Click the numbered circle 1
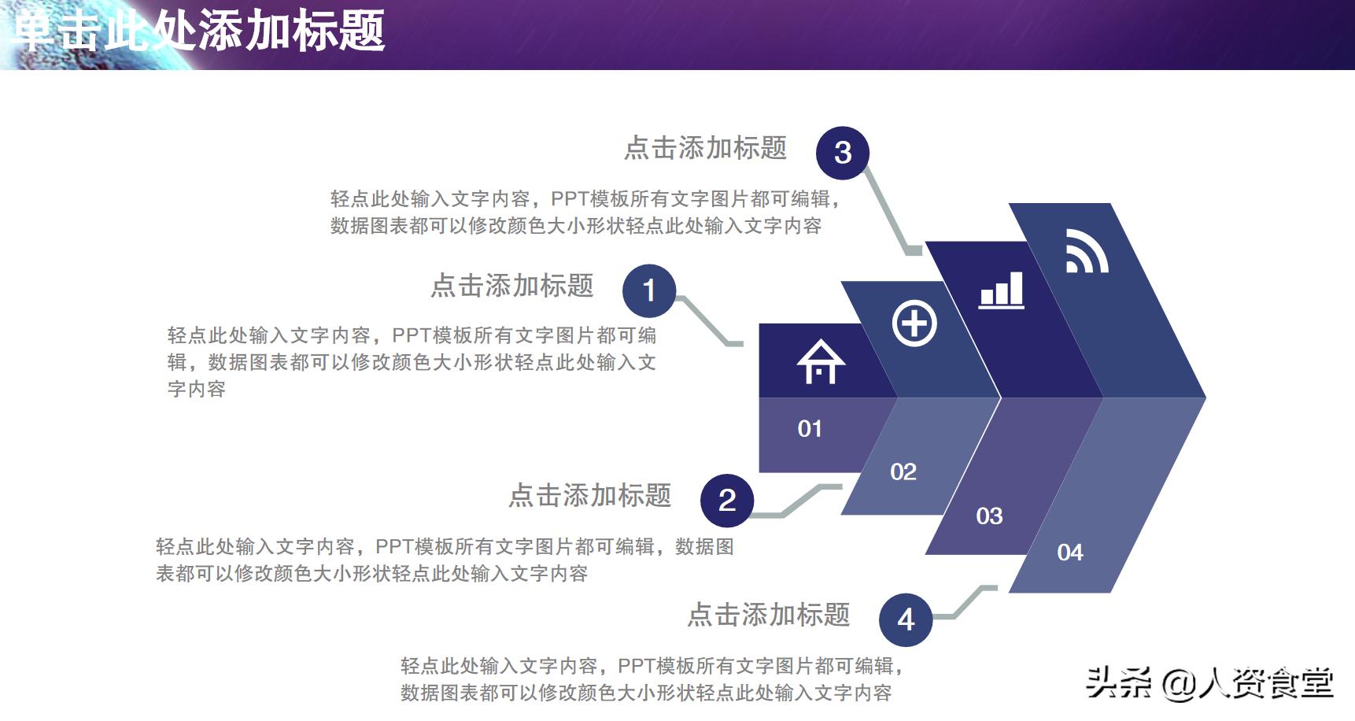pyautogui.click(x=649, y=290)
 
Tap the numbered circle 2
pyautogui.click(x=727, y=500)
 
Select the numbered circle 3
pyautogui.click(x=843, y=153)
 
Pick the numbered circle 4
pyautogui.click(x=906, y=619)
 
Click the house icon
pyautogui.click(x=821, y=362)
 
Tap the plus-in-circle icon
pyautogui.click(x=914, y=324)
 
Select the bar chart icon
pyautogui.click(x=1002, y=290)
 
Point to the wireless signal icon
pyautogui.click(x=1087, y=251)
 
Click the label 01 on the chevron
pyautogui.click(x=810, y=429)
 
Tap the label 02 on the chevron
pyautogui.click(x=903, y=472)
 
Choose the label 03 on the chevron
pyautogui.click(x=989, y=516)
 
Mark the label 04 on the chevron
pyautogui.click(x=1070, y=553)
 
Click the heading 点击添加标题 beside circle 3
pyautogui.click(x=705, y=148)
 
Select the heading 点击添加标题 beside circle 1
pyautogui.click(x=511, y=286)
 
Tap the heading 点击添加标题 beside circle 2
pyautogui.click(x=589, y=495)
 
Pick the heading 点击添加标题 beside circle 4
pyautogui.click(x=769, y=615)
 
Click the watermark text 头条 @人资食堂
pyautogui.click(x=1209, y=682)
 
